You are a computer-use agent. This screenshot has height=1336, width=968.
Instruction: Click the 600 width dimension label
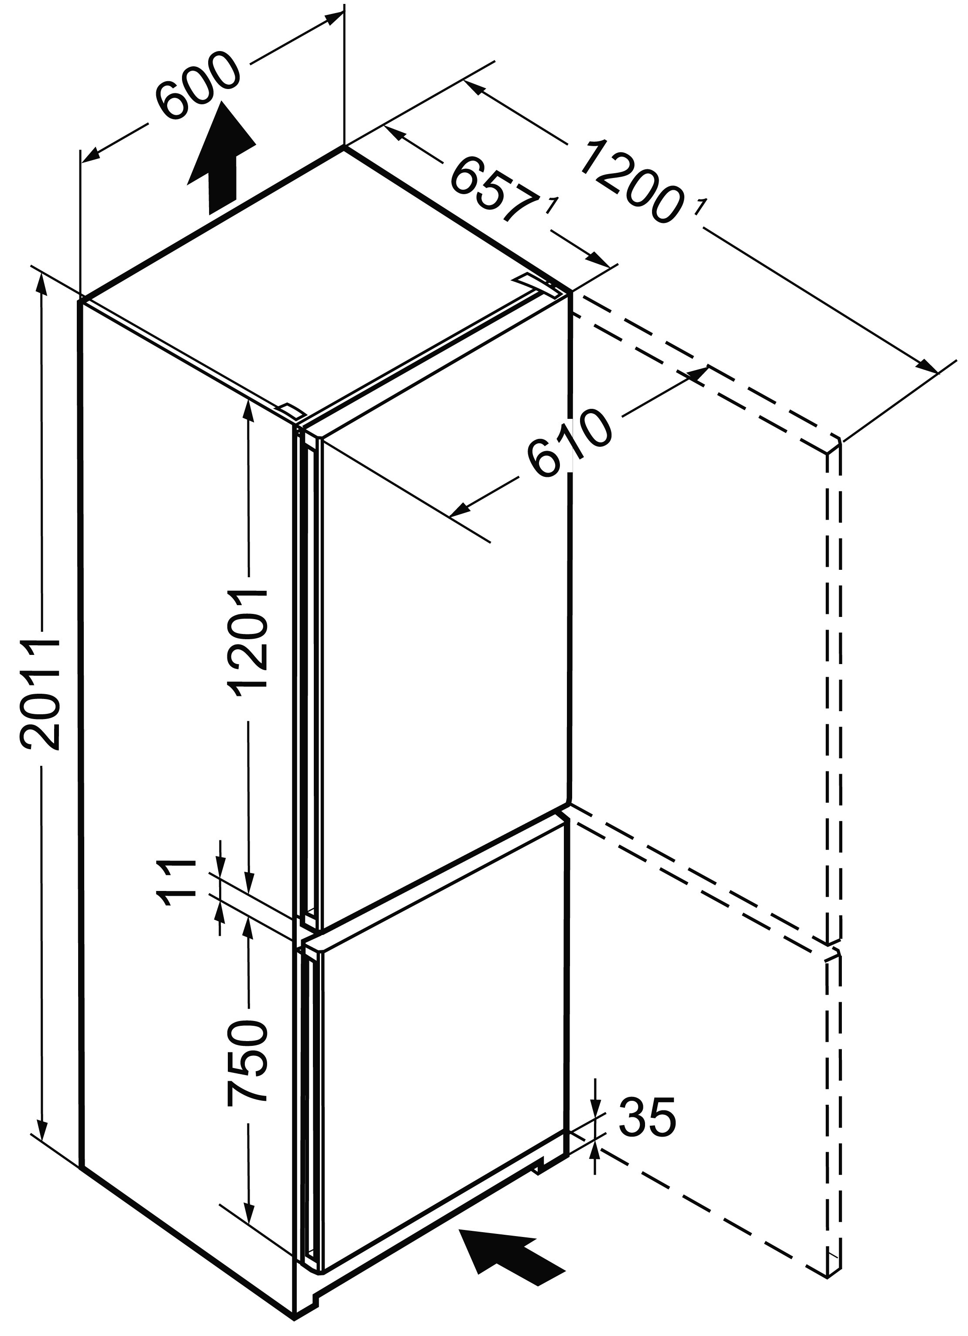[x=199, y=86]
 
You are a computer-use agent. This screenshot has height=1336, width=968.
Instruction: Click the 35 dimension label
[x=646, y=1117]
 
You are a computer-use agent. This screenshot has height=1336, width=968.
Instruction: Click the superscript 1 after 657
[x=552, y=207]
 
